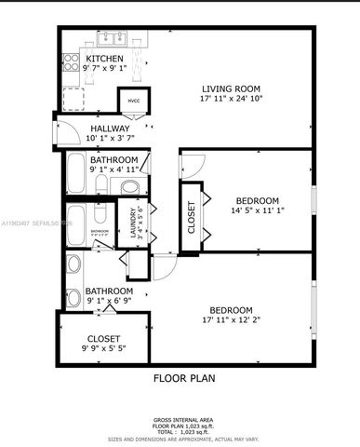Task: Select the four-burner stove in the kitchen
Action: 70,62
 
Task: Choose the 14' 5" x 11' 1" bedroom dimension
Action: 257,211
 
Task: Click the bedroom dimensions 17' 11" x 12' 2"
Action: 231,320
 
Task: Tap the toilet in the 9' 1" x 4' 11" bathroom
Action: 130,187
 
